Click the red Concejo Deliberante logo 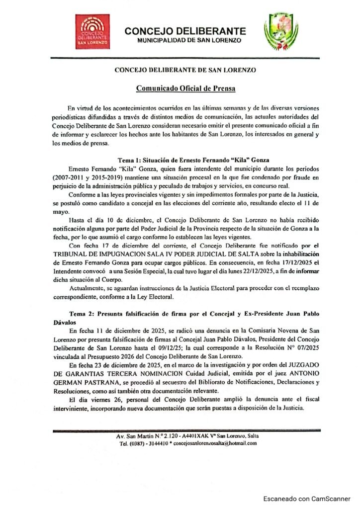[x=92, y=31]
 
